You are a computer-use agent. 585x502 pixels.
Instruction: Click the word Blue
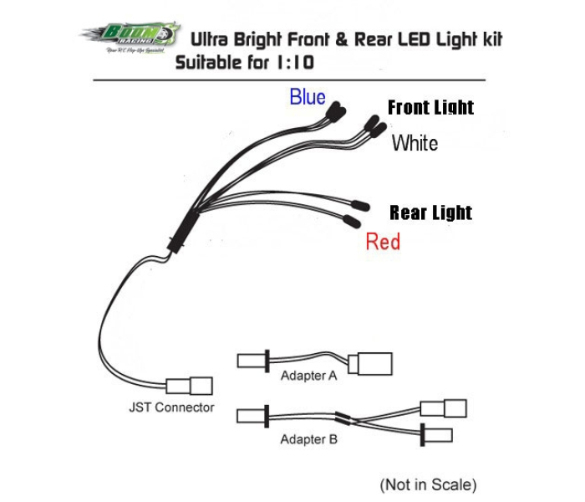tap(308, 97)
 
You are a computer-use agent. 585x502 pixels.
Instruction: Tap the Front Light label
tap(430, 108)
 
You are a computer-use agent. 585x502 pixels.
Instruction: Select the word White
tap(415, 143)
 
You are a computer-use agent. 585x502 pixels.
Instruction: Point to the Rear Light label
tap(430, 213)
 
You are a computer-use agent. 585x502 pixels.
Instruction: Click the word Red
tap(383, 243)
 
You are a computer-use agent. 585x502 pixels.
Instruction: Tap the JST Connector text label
tap(171, 407)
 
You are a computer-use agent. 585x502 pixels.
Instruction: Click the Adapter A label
tap(308, 376)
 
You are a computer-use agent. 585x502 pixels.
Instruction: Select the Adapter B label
tap(308, 438)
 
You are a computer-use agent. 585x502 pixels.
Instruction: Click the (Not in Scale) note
tap(428, 484)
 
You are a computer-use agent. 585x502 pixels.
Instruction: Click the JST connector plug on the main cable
tap(190, 386)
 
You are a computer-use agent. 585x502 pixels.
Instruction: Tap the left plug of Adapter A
tap(252, 361)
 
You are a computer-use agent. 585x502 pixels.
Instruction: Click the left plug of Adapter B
tap(252, 414)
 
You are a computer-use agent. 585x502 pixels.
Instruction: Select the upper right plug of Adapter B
tap(444, 408)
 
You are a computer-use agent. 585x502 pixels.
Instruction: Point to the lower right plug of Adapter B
tap(438, 435)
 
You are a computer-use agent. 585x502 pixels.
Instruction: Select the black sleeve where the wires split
tap(185, 227)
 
